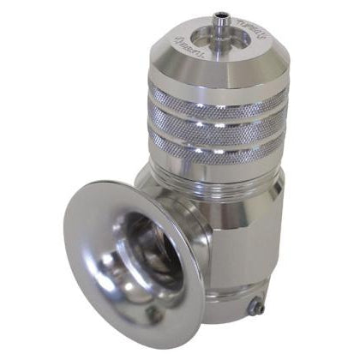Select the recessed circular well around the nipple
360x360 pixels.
206,39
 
